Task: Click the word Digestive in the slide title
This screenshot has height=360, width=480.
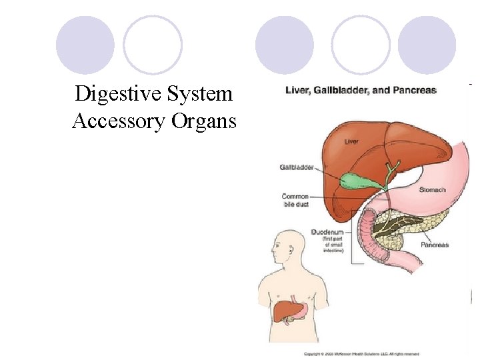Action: pos(113,94)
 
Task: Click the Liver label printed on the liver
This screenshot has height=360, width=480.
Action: pos(351,141)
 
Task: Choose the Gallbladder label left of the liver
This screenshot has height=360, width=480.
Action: pos(297,167)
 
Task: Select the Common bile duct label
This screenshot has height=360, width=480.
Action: pos(295,200)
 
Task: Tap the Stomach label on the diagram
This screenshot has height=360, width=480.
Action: pos(432,190)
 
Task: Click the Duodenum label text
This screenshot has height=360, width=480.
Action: pos(327,232)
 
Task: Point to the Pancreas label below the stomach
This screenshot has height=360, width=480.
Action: pos(434,245)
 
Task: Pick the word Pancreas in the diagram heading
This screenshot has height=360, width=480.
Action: pos(415,90)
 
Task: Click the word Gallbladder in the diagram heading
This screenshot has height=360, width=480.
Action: pos(347,90)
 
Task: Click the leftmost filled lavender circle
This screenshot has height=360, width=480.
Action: pos(85,45)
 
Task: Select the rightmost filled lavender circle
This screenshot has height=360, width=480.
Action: pos(427,45)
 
